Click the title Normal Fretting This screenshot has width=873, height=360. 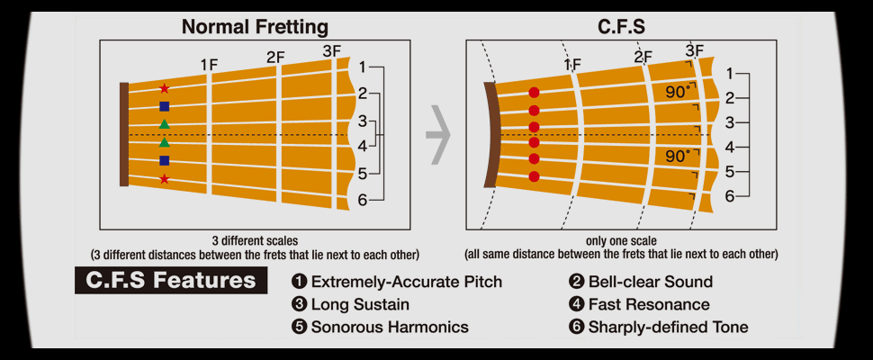point(255,27)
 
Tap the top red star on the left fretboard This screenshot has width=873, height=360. point(164,88)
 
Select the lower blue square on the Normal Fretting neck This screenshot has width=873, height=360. point(164,161)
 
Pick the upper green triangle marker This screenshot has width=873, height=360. point(164,123)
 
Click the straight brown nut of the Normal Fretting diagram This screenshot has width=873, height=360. point(124,135)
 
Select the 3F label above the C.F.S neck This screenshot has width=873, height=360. point(695,50)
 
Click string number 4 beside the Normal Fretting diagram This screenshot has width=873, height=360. point(363,147)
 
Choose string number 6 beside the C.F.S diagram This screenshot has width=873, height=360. point(730,196)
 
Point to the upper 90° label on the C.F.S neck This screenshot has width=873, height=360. point(678,92)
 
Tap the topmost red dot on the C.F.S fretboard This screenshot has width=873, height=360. point(535,93)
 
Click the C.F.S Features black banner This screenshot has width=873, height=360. point(171,281)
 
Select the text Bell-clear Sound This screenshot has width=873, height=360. point(651,282)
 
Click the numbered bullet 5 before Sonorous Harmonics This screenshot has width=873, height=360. point(299,327)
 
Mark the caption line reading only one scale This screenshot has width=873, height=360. point(621,241)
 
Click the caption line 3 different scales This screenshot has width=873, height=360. point(255,241)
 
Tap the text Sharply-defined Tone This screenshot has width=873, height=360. point(668,328)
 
